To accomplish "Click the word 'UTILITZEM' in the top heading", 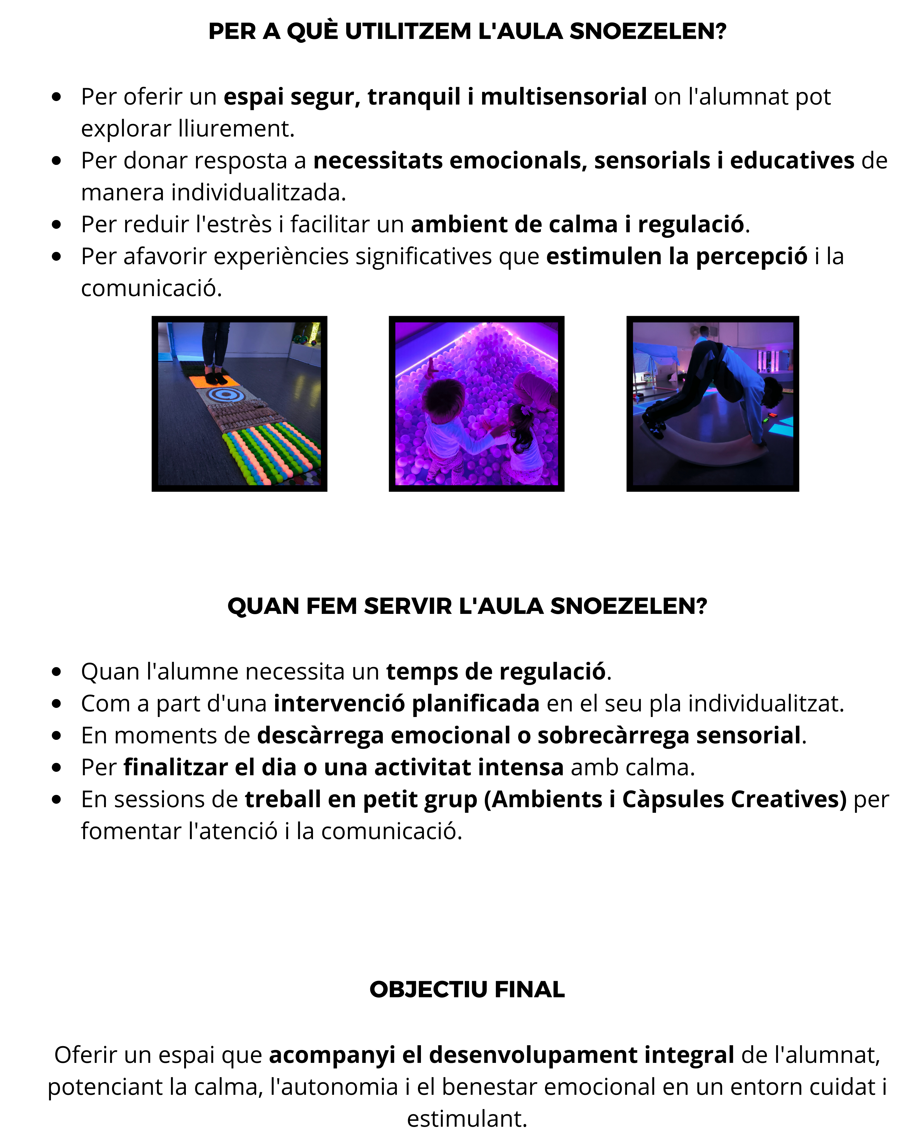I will [x=408, y=32].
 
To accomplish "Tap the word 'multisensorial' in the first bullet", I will [x=563, y=97].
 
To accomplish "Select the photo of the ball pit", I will [x=476, y=404].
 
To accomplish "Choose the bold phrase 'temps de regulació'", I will [x=495, y=672].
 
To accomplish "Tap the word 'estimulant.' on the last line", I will [x=467, y=1119].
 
